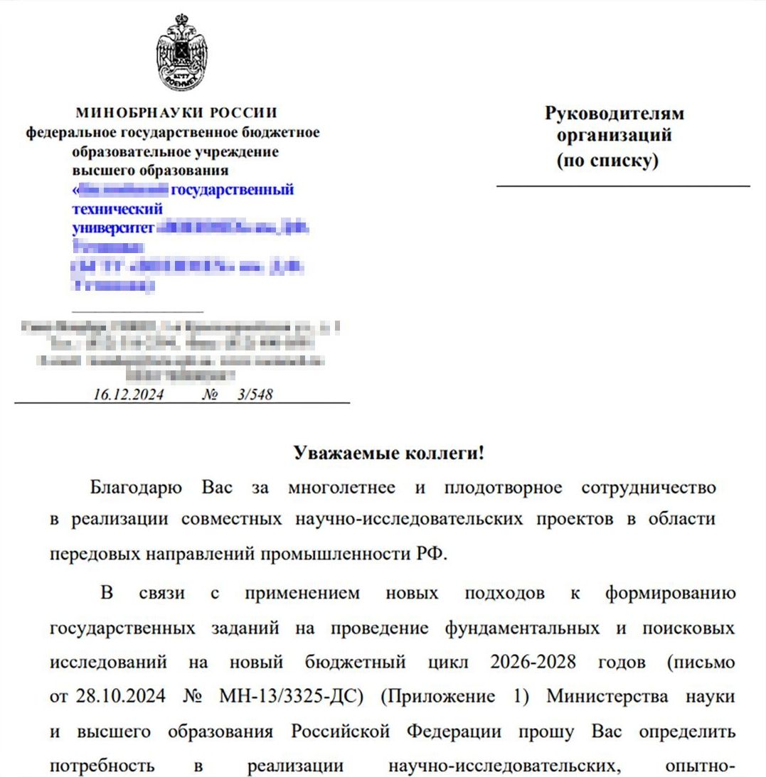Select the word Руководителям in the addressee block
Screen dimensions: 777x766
click(614, 114)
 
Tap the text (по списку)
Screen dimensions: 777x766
click(607, 161)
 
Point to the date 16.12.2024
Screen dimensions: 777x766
click(128, 395)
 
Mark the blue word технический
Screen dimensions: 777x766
click(117, 209)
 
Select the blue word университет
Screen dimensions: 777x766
click(113, 228)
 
